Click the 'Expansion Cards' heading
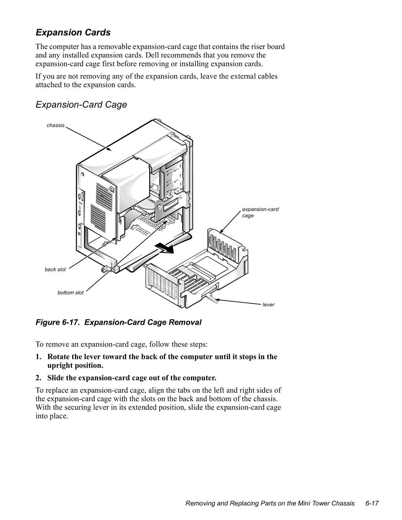[73, 32]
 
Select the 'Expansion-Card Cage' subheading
[81, 105]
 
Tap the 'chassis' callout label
[55, 125]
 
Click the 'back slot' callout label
[55, 269]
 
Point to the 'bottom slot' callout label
[70, 293]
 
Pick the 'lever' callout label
[268, 304]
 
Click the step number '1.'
[39, 357]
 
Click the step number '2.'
[39, 378]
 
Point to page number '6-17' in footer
[372, 504]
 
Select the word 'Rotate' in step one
[58, 357]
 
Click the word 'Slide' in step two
[55, 378]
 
